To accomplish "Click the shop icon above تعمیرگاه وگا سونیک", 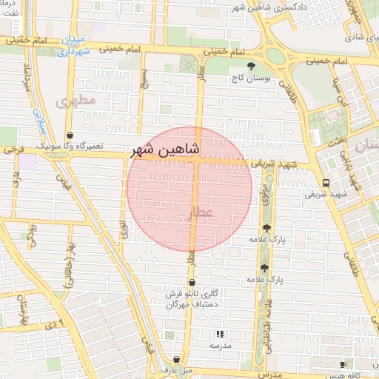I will point(70,135).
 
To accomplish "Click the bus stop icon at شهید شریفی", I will point(326,183).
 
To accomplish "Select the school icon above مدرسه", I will point(219,334).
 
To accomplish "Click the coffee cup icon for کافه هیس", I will point(343,365).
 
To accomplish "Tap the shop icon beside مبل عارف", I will point(175,358).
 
